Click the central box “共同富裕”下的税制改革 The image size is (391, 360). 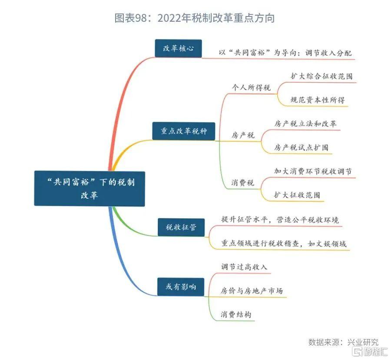tap(89, 188)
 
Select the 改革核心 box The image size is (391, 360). tap(178, 49)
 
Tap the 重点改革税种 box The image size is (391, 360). tap(184, 131)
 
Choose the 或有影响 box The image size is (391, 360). tap(180, 287)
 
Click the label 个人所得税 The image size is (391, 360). tap(252, 87)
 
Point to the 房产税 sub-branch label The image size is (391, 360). tap(243, 135)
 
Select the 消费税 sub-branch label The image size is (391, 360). tap(243, 183)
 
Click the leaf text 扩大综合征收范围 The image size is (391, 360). tap(321, 76)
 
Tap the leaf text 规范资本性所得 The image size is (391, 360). tap(318, 100)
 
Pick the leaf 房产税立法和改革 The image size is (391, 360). tap(305, 123)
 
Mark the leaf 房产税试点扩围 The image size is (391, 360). tap(301, 147)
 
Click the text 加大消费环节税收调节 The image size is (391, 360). tap(313, 171)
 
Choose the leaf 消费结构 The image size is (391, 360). tap(236, 314)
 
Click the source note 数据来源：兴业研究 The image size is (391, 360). tap(343, 341)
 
